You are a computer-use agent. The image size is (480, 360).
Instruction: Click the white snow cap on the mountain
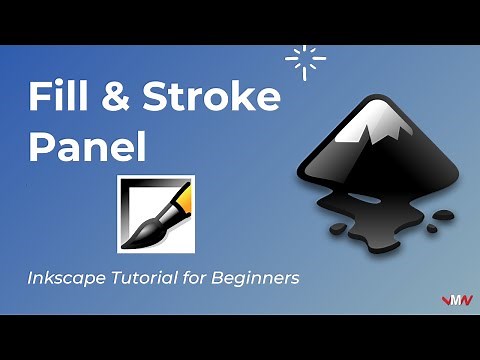[376, 120]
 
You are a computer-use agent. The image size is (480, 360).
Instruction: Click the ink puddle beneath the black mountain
[370, 215]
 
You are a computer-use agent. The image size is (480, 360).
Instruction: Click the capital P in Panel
[40, 147]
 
